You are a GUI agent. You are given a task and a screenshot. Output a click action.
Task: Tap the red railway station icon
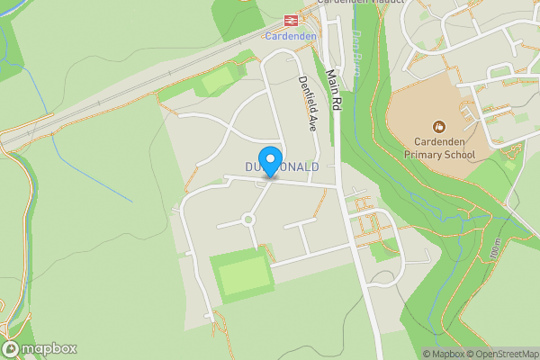pos(291,21)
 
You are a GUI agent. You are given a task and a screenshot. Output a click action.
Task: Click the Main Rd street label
pos(334,90)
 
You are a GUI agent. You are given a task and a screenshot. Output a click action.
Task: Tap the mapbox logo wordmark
pos(49,349)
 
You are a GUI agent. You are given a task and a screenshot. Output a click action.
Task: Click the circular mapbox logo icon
pos(11,349)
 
